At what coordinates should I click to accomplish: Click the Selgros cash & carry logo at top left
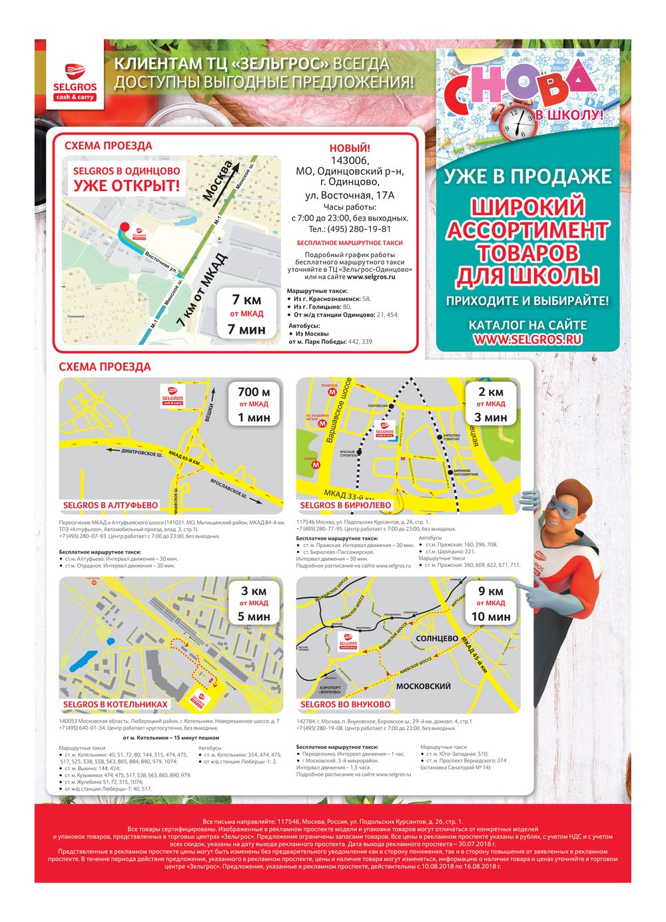click(x=75, y=81)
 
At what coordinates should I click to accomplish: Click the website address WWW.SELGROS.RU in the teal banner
click(x=527, y=339)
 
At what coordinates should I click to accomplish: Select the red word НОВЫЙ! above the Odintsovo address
click(x=350, y=148)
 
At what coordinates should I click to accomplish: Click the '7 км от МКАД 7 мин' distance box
click(x=246, y=314)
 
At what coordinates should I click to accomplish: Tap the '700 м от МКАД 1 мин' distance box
click(x=254, y=404)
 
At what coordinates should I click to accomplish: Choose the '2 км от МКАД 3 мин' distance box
click(x=491, y=404)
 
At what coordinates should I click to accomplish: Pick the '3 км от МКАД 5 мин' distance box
click(x=254, y=604)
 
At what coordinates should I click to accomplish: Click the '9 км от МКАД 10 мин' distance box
click(x=491, y=604)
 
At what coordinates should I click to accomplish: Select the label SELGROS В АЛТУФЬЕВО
click(x=111, y=505)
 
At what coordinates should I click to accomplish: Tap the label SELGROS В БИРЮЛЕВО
click(x=345, y=505)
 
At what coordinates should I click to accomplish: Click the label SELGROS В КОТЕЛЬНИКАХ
click(x=115, y=704)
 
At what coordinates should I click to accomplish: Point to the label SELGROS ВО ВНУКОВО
click(x=345, y=704)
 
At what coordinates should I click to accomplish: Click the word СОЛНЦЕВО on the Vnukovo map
click(x=436, y=639)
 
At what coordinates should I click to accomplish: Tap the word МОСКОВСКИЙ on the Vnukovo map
click(x=423, y=686)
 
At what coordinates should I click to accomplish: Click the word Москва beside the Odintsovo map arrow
click(x=219, y=181)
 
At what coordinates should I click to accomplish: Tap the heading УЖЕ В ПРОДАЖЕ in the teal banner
click(x=527, y=177)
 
